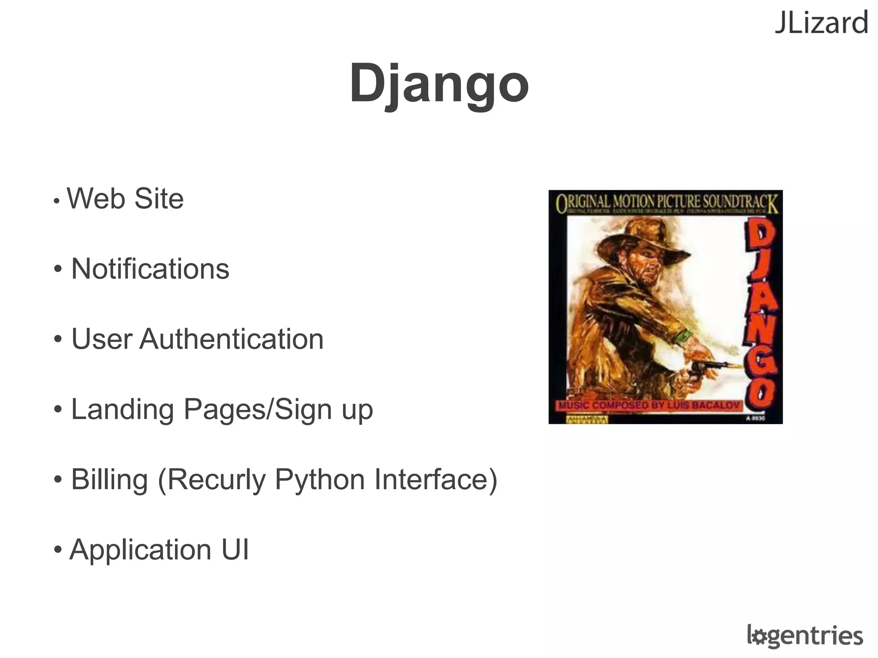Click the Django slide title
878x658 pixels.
(439, 84)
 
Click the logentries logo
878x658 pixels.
(805, 636)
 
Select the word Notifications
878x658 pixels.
(150, 269)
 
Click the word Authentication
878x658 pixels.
(232, 339)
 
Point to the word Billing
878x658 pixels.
(109, 479)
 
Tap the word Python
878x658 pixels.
(319, 480)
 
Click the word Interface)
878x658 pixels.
(436, 479)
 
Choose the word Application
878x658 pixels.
(141, 550)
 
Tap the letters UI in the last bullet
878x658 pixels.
(235, 550)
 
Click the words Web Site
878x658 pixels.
(125, 199)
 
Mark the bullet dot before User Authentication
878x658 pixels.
(58, 339)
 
